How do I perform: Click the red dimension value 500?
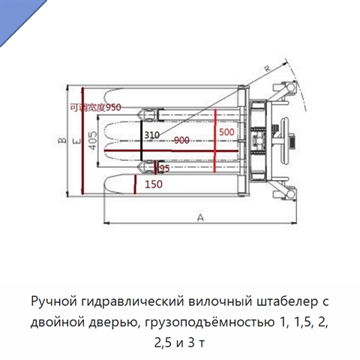[226, 132]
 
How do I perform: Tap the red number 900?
[181, 140]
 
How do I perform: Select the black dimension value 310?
[151, 135]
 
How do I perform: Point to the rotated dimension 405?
[93, 140]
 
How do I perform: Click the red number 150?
[154, 184]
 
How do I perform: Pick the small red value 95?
[164, 169]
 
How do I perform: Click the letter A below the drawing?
[200, 217]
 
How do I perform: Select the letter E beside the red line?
[77, 140]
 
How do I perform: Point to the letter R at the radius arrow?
[267, 68]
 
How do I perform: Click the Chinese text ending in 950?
[95, 107]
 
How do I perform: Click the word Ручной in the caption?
[54, 301]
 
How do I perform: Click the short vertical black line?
[142, 141]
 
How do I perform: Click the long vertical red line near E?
[82, 141]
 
